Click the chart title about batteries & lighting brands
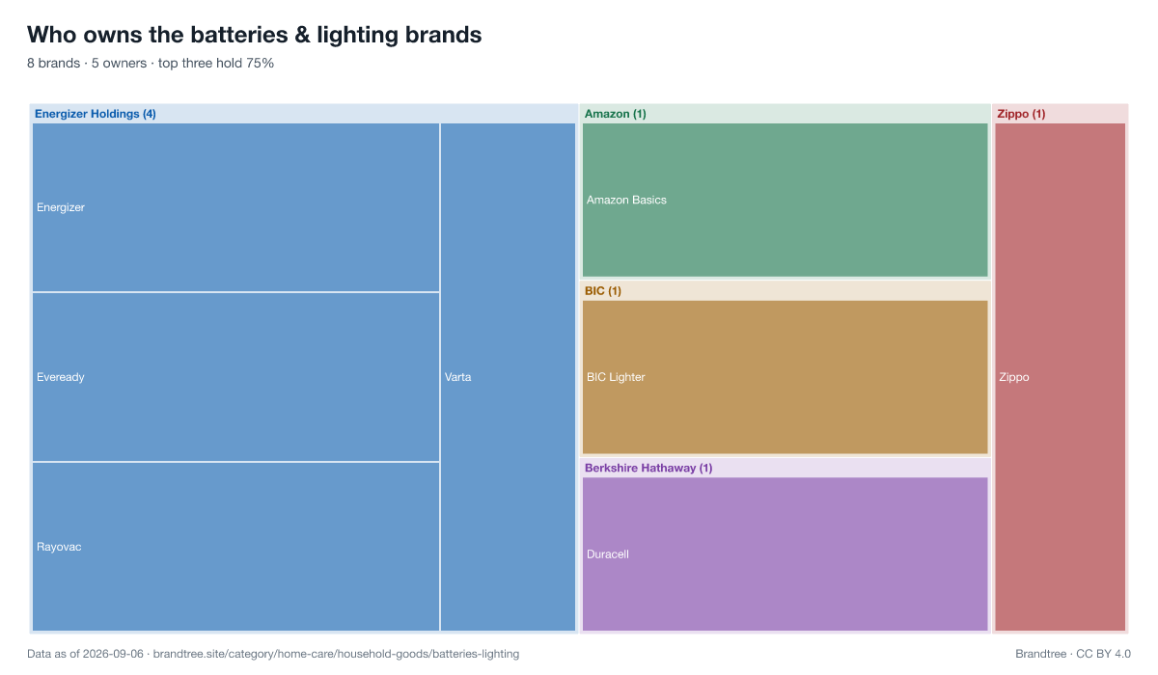point(255,35)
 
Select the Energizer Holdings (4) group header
point(96,114)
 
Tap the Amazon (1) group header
point(616,114)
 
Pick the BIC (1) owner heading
point(603,291)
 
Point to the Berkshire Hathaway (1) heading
point(648,468)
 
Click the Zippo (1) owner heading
point(1021,114)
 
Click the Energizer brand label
point(61,207)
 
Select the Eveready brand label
point(61,377)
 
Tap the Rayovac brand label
point(59,547)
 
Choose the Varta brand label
point(458,377)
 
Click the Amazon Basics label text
point(626,200)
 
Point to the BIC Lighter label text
point(616,377)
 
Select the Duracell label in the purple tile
point(607,554)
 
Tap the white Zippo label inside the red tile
point(1014,377)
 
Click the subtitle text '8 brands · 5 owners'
point(87,63)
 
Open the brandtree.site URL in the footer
point(336,654)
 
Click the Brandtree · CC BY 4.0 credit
point(1073,654)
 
